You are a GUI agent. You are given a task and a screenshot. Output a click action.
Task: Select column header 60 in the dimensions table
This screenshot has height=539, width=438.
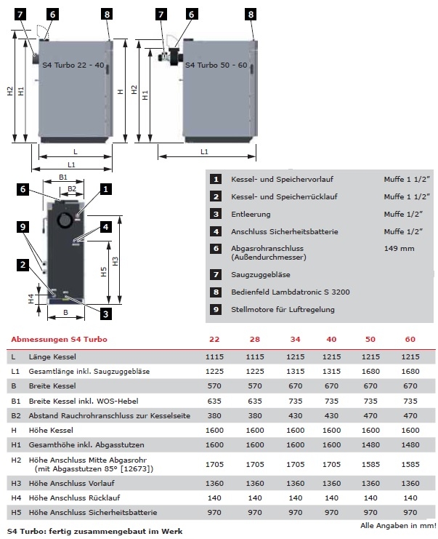pyautogui.click(x=411, y=340)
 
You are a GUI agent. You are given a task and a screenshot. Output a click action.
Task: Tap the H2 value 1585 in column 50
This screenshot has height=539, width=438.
pyautogui.click(x=370, y=464)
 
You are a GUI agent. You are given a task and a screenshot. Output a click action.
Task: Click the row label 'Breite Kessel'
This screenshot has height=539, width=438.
pyautogui.click(x=54, y=386)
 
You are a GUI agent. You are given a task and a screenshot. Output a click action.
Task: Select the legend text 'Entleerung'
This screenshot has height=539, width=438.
pyautogui.click(x=251, y=215)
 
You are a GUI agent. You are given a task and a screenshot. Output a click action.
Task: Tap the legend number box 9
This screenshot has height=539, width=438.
pyautogui.click(x=216, y=309)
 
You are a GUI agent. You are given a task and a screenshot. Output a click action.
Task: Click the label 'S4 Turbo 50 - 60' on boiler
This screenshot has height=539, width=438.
pyautogui.click(x=216, y=65)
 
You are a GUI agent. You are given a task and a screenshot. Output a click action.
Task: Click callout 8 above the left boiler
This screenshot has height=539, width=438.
pyautogui.click(x=108, y=14)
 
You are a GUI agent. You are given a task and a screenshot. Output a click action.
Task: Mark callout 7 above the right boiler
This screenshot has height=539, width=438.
pyautogui.click(x=161, y=14)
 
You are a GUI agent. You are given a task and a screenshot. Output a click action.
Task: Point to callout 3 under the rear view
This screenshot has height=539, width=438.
pyautogui.click(x=106, y=314)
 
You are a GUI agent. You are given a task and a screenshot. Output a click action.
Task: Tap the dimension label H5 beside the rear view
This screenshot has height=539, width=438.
pyautogui.click(x=105, y=272)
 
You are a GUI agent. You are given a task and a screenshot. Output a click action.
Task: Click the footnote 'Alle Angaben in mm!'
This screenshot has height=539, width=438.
pyautogui.click(x=398, y=525)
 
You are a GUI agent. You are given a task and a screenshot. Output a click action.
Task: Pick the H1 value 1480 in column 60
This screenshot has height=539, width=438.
pyautogui.click(x=411, y=444)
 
